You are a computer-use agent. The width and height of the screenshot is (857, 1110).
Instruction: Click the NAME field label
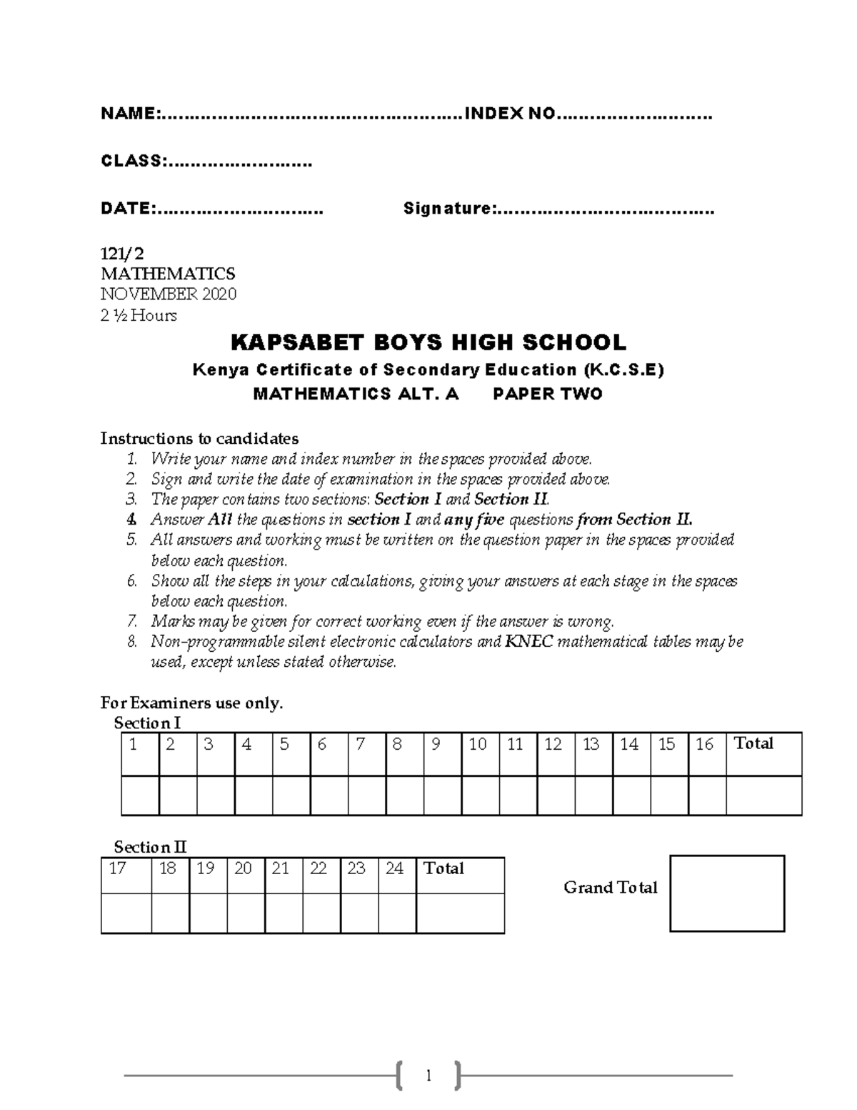129,114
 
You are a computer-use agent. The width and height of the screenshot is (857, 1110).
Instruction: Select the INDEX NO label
509,114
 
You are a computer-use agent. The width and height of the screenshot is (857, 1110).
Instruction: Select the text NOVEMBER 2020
169,294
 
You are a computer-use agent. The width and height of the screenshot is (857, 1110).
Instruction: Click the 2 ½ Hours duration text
139,315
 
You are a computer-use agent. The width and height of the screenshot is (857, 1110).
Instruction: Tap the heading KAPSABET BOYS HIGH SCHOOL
428,343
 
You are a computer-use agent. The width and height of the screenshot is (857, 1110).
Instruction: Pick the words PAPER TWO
548,394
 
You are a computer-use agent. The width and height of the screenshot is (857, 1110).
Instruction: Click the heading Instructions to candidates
199,438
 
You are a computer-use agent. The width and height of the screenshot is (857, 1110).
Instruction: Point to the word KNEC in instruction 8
528,642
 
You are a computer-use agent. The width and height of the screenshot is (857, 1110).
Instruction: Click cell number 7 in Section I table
361,745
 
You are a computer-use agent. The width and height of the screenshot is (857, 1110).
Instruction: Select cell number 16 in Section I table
705,745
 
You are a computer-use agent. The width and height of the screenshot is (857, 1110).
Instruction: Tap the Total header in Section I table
754,744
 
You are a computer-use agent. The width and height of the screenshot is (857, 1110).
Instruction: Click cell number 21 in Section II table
281,868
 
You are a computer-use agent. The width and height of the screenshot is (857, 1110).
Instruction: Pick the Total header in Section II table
444,868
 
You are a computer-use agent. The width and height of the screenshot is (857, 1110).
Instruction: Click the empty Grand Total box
727,893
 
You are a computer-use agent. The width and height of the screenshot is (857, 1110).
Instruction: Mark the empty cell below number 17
126,913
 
